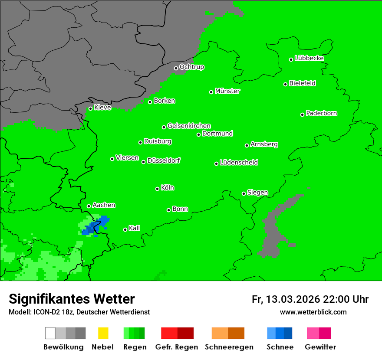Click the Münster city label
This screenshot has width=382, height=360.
tap(227, 91)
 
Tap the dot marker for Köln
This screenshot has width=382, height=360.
tap(157, 189)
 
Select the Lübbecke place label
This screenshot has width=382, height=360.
tap(309, 58)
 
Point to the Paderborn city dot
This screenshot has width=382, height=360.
tap(302, 115)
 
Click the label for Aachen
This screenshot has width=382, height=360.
tap(104, 205)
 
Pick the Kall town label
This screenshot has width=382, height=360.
tap(135, 228)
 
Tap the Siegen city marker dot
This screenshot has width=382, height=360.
tap(244, 193)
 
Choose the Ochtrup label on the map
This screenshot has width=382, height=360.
tap(191, 67)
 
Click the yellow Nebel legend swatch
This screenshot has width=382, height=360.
tap(103, 333)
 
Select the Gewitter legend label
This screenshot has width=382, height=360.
tap(320, 347)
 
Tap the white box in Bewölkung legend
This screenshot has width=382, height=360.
tap(50, 333)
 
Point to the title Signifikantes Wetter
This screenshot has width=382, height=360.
tap(72, 299)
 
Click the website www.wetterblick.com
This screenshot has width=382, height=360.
tap(313, 312)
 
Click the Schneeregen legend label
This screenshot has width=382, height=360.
tap(228, 347)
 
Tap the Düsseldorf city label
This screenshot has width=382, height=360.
tap(164, 160)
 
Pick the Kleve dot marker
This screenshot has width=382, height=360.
tap(90, 108)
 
